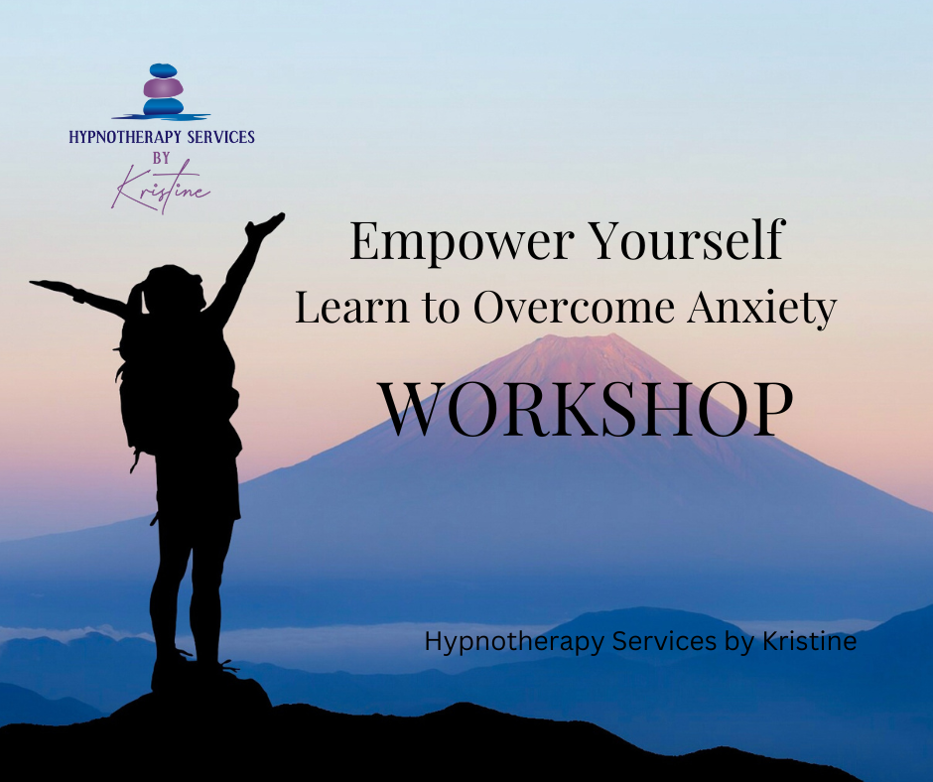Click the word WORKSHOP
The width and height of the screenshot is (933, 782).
587,408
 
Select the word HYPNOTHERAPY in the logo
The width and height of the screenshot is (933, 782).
119,138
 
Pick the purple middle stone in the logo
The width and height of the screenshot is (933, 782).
162,88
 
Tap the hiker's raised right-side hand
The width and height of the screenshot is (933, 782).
266,225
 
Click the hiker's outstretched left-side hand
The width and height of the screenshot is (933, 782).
45,286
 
